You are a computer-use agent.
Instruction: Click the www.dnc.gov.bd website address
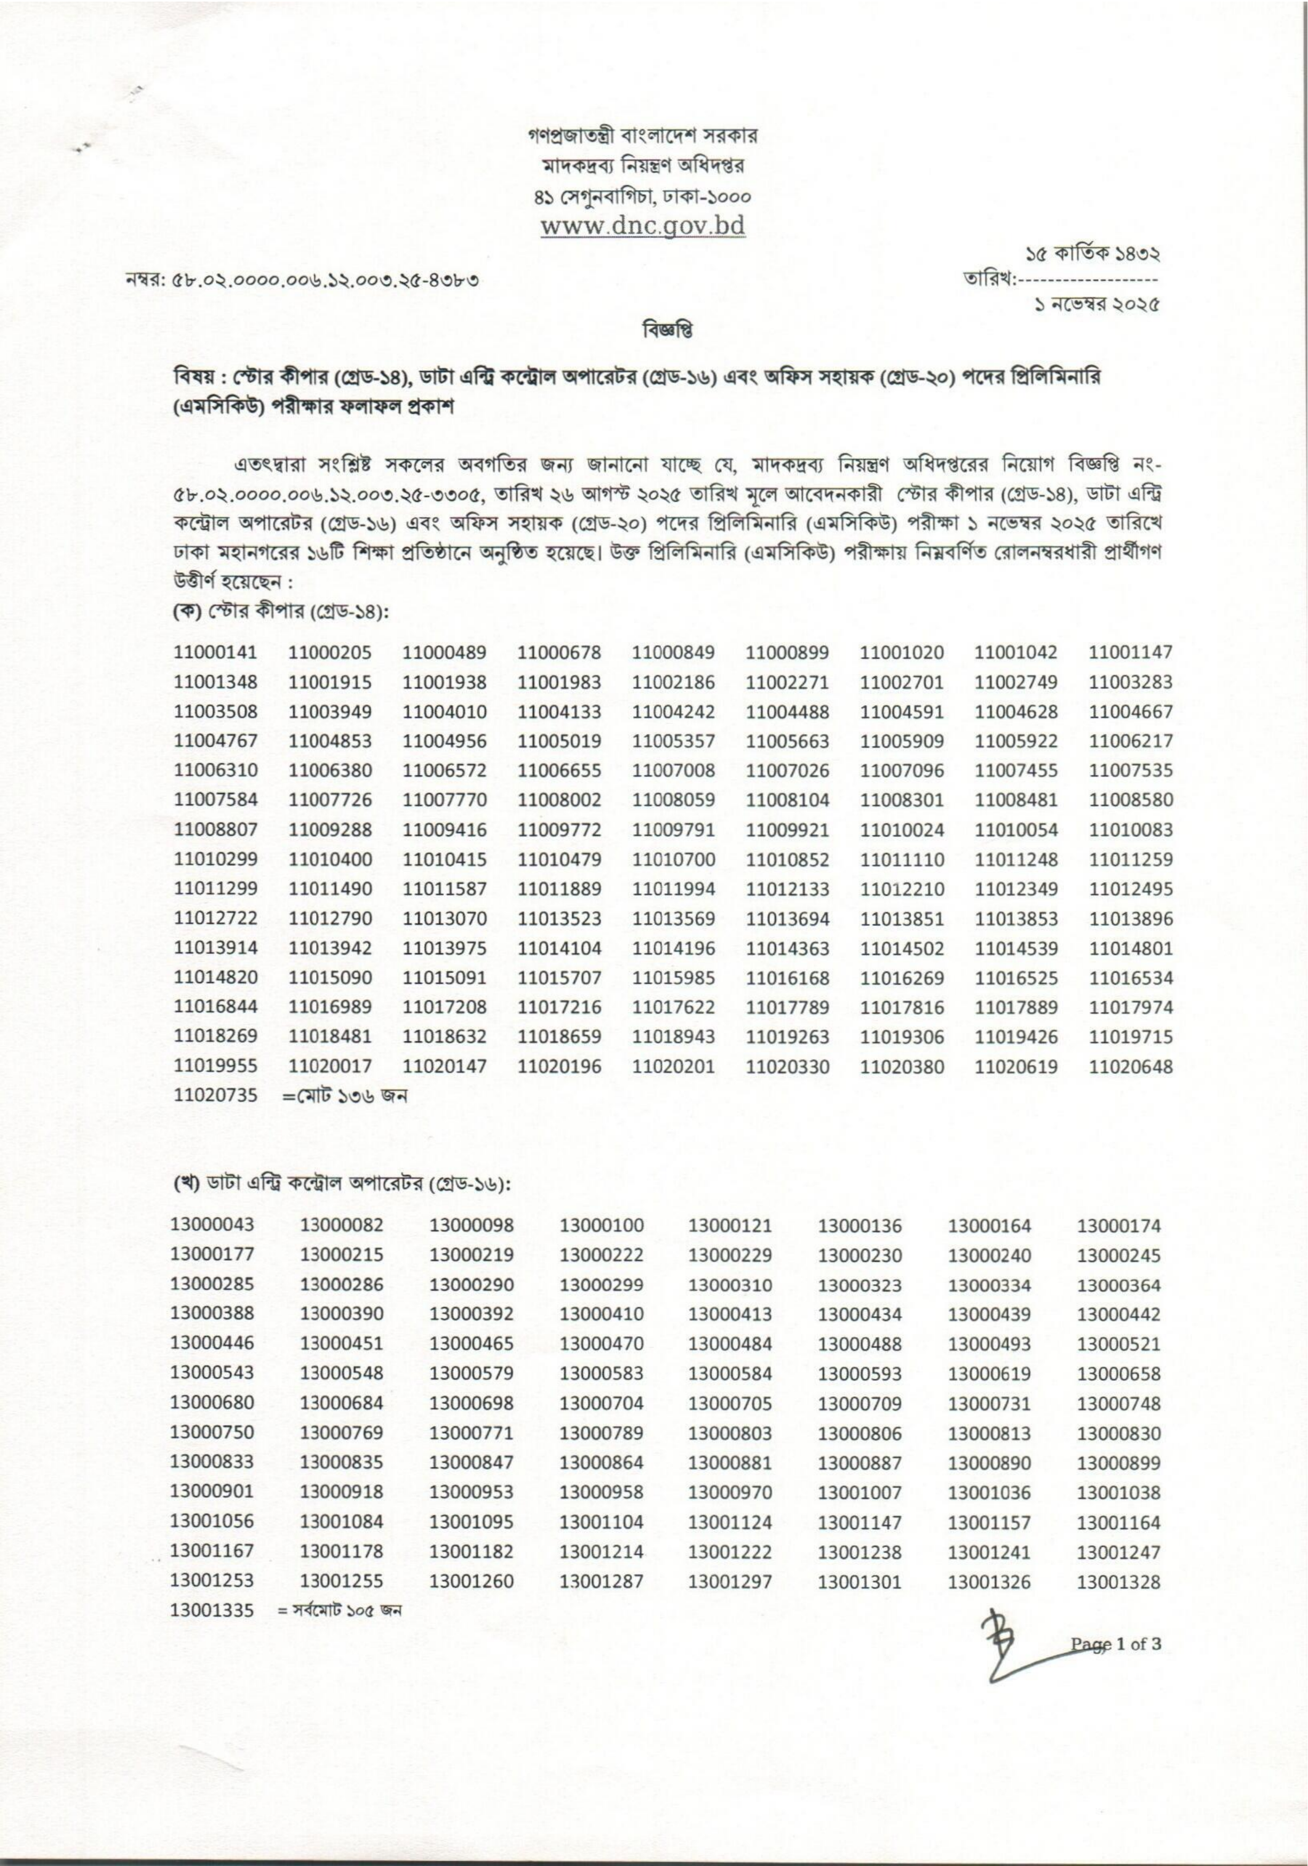tap(642, 225)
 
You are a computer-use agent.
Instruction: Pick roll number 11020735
tap(216, 1096)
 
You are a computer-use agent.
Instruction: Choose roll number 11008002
tap(560, 800)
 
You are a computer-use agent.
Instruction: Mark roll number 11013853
tap(1016, 919)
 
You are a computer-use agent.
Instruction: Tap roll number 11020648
tap(1130, 1066)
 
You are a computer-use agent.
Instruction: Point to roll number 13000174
tap(1118, 1225)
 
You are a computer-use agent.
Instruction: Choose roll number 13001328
tap(1118, 1582)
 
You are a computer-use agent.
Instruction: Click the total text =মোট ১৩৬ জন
tap(345, 1096)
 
